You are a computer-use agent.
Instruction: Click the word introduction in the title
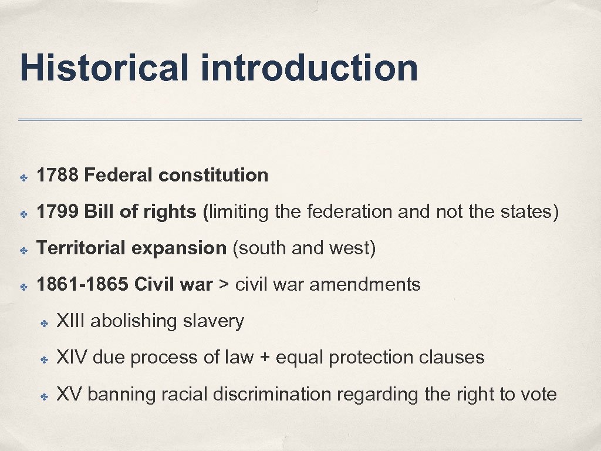point(309,68)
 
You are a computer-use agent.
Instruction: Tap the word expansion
point(179,248)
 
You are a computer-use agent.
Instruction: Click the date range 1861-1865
point(82,285)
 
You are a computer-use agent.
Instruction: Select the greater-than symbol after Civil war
point(224,285)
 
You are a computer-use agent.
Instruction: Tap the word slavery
point(213,321)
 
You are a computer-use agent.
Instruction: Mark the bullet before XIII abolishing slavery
point(43,322)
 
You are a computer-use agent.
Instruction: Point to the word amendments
point(364,285)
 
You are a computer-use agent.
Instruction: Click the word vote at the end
point(536,394)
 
